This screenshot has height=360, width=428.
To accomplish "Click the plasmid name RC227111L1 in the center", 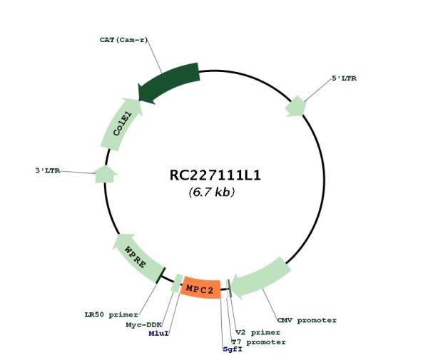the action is point(215,175).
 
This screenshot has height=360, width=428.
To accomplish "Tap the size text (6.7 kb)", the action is point(212,192).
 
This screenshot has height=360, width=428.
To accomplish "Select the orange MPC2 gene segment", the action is point(200,289).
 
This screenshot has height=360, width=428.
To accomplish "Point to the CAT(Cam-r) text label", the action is point(123,40).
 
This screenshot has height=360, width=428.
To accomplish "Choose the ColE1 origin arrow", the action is point(121,125).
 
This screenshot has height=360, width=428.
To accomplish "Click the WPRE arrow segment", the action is point(138,258).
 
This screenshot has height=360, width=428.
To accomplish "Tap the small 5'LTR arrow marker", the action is point(295,106).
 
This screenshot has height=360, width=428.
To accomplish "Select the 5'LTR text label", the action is point(344,78).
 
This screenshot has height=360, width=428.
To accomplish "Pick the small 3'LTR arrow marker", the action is point(106,174).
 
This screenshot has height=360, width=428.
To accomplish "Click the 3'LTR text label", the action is point(48,170).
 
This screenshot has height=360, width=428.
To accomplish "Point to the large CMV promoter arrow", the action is point(260,277).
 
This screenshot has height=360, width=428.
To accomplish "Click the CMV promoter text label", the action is point(307,320).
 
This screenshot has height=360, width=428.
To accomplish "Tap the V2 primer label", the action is point(258,332).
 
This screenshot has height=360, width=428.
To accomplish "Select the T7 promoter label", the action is point(258,342).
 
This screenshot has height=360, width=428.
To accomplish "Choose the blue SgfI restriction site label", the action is point(233,349).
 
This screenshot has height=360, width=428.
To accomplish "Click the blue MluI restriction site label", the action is point(158,334).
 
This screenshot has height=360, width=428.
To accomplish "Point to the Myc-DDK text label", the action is point(144,325).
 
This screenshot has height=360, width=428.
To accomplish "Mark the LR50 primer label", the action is point(111,314).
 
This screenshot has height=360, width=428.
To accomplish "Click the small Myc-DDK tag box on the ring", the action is point(177,283).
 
